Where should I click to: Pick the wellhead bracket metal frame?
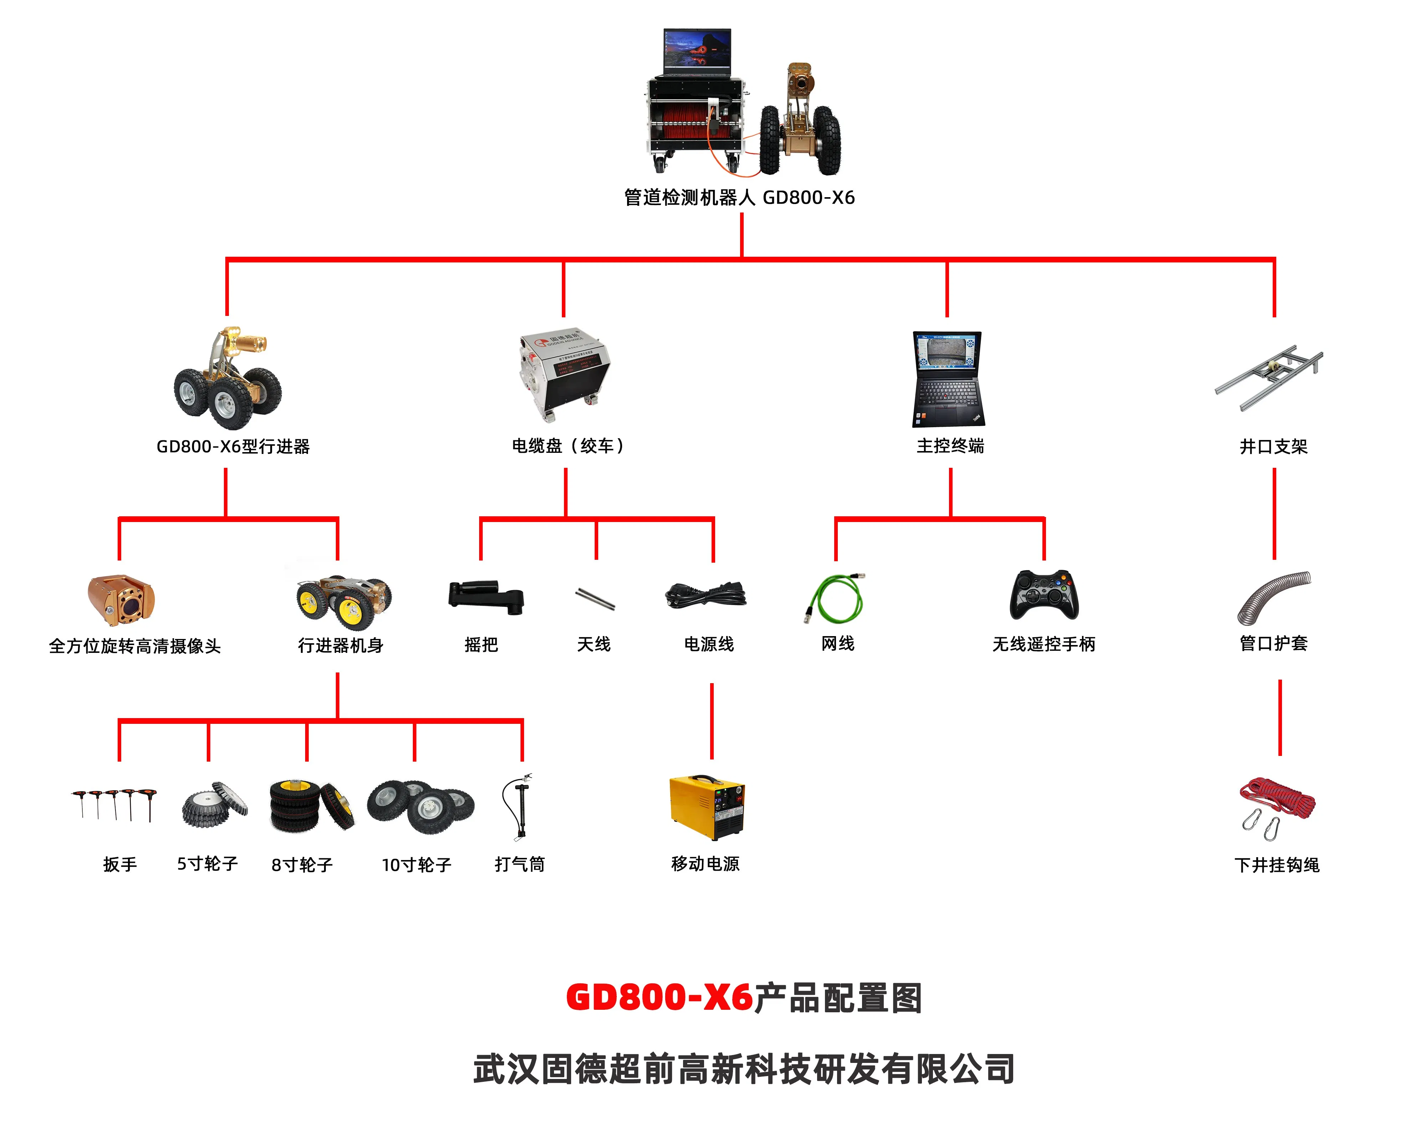tap(1268, 377)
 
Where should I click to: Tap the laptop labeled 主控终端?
tap(948, 378)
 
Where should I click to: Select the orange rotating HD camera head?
tap(121, 599)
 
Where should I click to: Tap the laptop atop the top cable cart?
tap(697, 52)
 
